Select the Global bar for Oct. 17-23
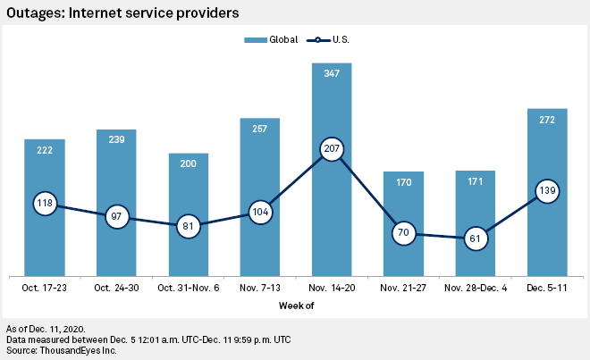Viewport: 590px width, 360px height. pos(44,241)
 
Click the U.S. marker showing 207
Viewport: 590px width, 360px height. pos(331,150)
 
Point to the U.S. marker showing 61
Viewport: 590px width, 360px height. pos(475,239)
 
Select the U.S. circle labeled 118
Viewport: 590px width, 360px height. pos(45,204)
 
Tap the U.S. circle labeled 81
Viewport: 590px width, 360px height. pos(188,225)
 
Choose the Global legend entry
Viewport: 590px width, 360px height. pos(268,40)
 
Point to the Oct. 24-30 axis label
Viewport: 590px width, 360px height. pos(116,288)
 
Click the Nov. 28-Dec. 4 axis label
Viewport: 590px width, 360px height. pos(475,288)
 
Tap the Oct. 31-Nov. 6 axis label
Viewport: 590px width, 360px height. pos(188,288)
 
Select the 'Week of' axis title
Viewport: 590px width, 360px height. pos(295,306)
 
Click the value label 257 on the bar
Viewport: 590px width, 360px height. pos(259,130)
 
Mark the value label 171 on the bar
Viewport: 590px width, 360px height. pos(475,182)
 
